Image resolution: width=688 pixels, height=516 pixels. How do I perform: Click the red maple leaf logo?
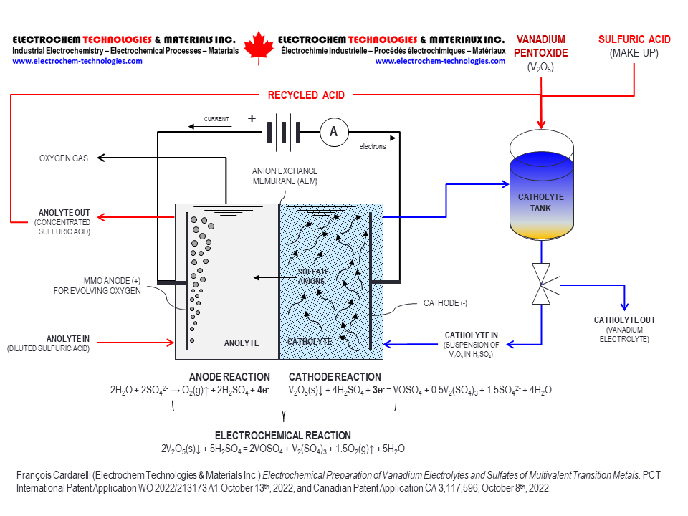tap(259, 48)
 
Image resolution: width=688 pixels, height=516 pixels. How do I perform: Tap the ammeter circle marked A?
tap(333, 133)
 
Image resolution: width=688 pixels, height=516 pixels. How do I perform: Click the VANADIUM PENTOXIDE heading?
tap(541, 46)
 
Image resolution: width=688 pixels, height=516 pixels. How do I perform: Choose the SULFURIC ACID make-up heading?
tap(634, 40)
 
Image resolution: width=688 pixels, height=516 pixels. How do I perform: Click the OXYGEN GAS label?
tap(64, 158)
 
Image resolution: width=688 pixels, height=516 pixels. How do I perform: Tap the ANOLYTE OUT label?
tap(64, 213)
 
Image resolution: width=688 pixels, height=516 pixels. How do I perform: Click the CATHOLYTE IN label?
tap(471, 335)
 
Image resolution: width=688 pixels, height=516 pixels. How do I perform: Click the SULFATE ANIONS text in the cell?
tap(313, 277)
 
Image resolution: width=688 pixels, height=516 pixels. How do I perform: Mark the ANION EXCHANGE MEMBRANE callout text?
tap(285, 176)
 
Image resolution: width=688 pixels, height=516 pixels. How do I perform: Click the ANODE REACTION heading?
tap(229, 377)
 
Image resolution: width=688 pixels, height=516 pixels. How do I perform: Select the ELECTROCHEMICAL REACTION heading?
tap(283, 436)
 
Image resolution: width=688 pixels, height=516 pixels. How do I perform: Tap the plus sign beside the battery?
tap(252, 119)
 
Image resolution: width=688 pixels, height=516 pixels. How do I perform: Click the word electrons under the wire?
tap(373, 146)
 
